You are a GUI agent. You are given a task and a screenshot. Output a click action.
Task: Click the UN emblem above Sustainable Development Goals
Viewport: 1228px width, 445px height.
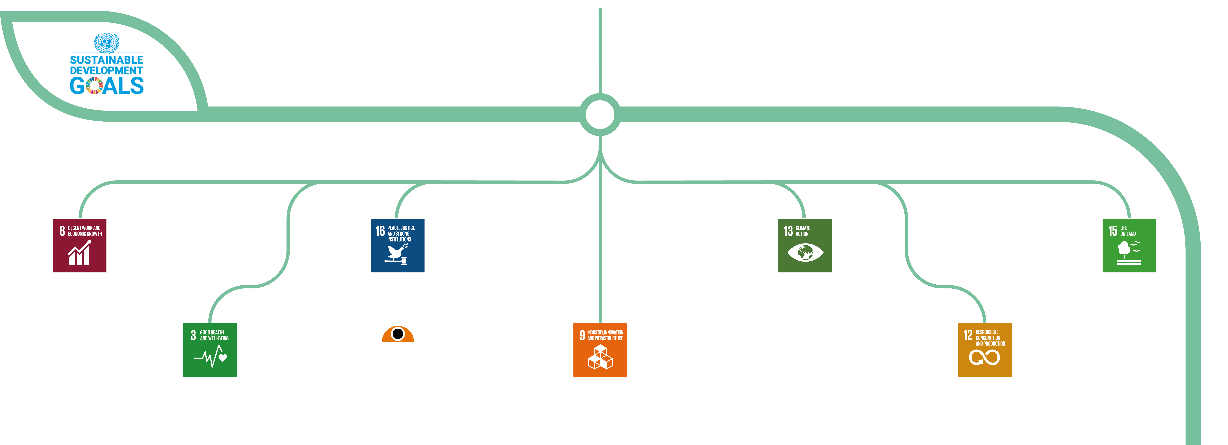click(x=106, y=42)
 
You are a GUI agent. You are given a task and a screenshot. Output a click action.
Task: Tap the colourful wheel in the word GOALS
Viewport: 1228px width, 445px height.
click(x=94, y=85)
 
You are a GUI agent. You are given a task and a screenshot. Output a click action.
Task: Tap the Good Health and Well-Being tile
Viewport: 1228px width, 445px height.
click(x=210, y=350)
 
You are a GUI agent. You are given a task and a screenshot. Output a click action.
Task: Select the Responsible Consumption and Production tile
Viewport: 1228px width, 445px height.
click(x=984, y=350)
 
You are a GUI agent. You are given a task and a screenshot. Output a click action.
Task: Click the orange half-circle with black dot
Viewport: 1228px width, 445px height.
click(x=398, y=334)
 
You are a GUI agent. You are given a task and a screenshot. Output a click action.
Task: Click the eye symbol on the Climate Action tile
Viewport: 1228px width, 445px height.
click(x=805, y=252)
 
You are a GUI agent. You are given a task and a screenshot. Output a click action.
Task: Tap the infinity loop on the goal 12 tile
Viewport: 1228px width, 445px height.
click(x=984, y=357)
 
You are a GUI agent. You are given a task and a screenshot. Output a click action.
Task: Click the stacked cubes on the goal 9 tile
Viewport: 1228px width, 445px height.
click(x=600, y=357)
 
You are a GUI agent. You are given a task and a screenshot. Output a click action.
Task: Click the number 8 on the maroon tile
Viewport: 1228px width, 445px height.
click(x=62, y=231)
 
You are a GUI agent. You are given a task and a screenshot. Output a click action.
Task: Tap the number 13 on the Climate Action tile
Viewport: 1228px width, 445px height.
click(x=788, y=231)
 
